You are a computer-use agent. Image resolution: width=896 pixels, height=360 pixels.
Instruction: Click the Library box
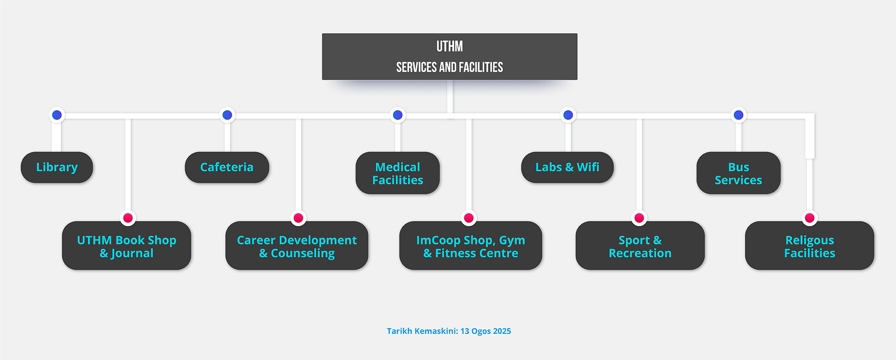57,167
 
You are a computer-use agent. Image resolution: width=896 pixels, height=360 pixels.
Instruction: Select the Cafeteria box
227,167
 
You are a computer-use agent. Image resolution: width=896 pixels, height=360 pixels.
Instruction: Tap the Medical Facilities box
398,173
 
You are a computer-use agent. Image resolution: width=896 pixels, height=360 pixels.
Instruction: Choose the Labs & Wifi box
567,167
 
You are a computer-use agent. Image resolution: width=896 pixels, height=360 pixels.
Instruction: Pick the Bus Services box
738,173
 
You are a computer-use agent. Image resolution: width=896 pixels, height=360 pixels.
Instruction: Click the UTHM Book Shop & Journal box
126,246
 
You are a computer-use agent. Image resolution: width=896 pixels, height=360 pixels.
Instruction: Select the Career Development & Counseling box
297,246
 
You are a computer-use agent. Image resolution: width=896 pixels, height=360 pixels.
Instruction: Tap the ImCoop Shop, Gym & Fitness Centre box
470,246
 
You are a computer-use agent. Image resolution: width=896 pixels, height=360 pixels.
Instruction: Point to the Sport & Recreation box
640,246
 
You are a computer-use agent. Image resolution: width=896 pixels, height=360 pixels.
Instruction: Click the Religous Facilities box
809,246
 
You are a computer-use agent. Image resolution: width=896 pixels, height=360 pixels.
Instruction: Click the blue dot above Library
57,115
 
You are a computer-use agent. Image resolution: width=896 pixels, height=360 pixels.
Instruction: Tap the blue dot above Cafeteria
227,115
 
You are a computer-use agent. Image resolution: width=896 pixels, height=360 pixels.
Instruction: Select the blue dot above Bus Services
738,115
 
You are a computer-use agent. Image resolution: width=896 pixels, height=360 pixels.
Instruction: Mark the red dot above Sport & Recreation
639,218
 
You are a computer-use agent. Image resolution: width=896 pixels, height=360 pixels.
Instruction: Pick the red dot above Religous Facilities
810,218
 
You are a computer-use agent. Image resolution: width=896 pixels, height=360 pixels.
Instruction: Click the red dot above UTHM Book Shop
128,218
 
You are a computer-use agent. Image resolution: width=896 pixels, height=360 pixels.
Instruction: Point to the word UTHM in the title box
449,47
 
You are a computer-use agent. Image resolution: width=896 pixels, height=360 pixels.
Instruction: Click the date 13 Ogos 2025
485,331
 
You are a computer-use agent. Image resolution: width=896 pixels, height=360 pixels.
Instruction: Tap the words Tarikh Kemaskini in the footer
422,331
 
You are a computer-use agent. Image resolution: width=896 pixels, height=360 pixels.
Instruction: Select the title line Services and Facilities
449,67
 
